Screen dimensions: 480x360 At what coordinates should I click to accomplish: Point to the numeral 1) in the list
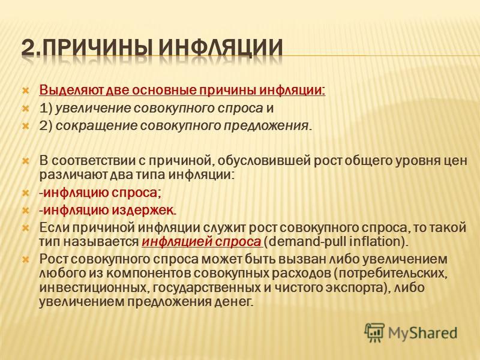coord(46,108)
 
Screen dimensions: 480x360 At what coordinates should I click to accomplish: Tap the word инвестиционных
coord(94,288)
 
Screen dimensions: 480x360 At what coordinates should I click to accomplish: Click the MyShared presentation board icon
coord(374,333)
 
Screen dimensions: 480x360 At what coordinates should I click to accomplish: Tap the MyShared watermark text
coord(423,333)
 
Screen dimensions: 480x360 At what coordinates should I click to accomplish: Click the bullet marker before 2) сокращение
coord(26,126)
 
